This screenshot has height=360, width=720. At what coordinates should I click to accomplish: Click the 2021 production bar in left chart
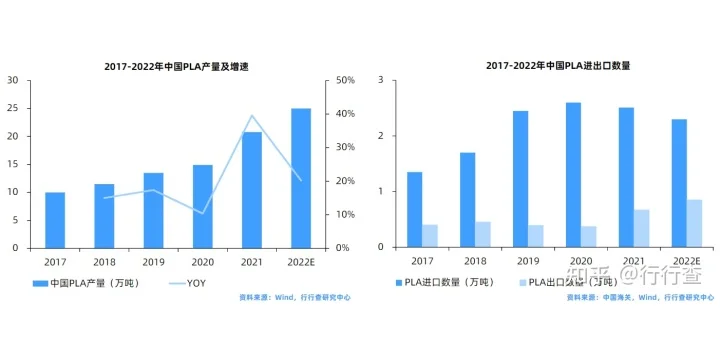[252, 190]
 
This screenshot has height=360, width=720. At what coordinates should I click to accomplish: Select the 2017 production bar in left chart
[55, 220]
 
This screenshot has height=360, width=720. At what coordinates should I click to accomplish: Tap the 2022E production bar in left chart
[301, 178]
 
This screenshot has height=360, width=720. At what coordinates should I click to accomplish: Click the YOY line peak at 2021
[252, 116]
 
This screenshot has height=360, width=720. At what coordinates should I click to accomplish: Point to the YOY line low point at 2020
[203, 213]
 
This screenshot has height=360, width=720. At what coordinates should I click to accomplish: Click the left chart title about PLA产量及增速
[176, 67]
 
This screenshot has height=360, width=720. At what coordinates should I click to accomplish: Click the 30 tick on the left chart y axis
[13, 80]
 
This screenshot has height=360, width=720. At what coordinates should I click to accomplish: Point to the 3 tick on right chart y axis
[382, 80]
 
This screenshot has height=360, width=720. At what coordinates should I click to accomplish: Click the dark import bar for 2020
[573, 175]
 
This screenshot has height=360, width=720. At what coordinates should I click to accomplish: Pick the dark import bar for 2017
[414, 209]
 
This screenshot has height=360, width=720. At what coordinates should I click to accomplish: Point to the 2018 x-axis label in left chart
[104, 260]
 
